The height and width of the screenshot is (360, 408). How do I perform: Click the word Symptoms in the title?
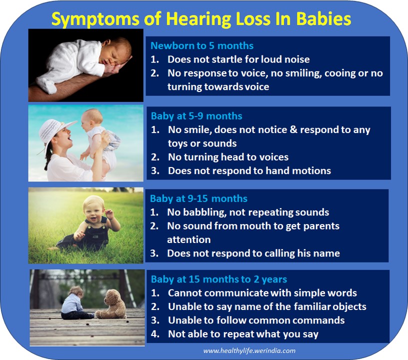95,18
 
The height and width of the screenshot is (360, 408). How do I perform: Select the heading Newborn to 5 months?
202,46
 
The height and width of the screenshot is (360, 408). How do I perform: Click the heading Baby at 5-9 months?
196,116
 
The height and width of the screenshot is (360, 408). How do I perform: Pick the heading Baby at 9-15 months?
198,198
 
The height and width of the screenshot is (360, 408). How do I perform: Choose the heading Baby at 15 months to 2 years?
219,279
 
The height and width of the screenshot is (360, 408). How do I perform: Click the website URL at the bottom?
249,350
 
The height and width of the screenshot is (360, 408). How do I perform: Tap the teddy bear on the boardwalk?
111,304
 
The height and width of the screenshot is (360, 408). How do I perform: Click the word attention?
188,240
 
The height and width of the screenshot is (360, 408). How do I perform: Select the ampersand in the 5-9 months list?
293,130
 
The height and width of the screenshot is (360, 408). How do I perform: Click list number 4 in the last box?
155,334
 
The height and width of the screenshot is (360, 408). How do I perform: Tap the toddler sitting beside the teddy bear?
74,303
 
